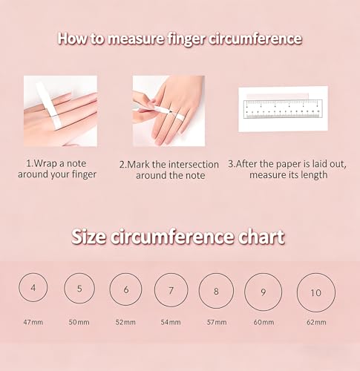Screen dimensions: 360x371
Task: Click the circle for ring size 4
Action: [x=19, y=287]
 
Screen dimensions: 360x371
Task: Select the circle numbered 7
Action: [x=155, y=290]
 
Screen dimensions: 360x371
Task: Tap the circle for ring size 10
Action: [x=298, y=292]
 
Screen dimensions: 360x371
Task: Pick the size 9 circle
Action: [x=245, y=292]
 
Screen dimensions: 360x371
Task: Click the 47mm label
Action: [x=33, y=322]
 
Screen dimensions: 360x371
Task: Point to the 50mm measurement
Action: [x=79, y=322]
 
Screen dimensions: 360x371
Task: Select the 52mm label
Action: [x=125, y=322]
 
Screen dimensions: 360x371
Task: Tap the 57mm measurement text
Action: [x=217, y=322]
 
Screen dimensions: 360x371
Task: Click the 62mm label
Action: [x=316, y=322]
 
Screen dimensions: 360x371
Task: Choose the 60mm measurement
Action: [x=264, y=322]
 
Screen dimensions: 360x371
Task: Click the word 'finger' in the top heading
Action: [x=186, y=39]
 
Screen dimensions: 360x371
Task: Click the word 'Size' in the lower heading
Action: [x=89, y=237]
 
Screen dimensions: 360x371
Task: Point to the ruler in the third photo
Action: [x=283, y=109]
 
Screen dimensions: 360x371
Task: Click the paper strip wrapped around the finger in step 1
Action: [x=49, y=105]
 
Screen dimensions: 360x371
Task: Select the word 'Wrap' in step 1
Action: [x=45, y=163]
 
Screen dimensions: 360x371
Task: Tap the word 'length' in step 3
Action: [x=313, y=175]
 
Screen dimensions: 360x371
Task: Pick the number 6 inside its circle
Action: [x=126, y=289]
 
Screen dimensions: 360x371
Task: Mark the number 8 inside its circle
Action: [x=216, y=292]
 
